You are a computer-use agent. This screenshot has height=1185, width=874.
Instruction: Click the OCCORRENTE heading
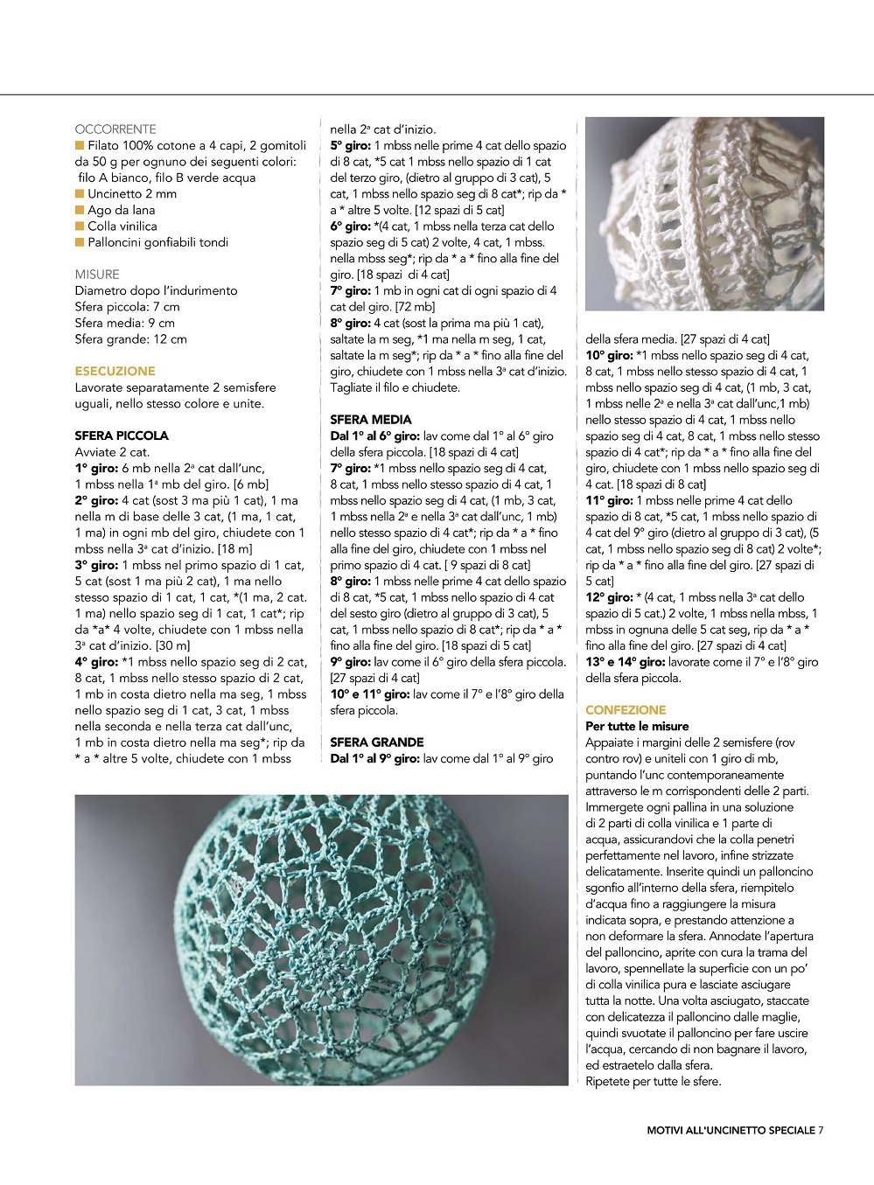(x=115, y=129)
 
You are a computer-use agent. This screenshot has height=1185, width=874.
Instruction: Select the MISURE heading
(x=97, y=274)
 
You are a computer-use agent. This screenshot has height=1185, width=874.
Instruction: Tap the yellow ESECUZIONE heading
(x=115, y=371)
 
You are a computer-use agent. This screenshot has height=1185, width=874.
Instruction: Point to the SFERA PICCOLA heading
(x=122, y=436)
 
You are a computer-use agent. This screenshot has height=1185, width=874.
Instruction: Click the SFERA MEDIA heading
(x=370, y=420)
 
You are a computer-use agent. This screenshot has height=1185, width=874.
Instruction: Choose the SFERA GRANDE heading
(x=376, y=742)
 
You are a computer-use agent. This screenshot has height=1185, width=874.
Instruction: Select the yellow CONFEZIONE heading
(x=626, y=710)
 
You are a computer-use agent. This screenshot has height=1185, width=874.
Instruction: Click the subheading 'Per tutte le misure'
(x=637, y=727)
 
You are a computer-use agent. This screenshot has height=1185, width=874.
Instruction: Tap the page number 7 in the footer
(x=821, y=1130)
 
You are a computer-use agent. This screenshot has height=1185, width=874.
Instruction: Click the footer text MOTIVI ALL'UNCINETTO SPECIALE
(x=731, y=1130)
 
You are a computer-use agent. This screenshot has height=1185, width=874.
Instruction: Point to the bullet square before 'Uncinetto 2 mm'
(x=80, y=193)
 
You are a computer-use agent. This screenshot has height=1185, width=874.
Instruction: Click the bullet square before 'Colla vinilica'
(x=80, y=226)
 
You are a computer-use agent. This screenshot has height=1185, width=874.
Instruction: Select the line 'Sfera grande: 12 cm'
(x=130, y=339)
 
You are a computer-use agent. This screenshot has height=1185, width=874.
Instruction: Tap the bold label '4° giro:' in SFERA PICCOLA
(x=95, y=662)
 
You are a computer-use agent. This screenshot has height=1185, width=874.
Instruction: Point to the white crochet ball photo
(x=704, y=214)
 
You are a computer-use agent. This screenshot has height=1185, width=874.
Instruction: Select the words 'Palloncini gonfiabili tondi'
(x=157, y=242)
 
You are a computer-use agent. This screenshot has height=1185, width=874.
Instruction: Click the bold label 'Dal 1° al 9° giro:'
(x=374, y=758)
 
